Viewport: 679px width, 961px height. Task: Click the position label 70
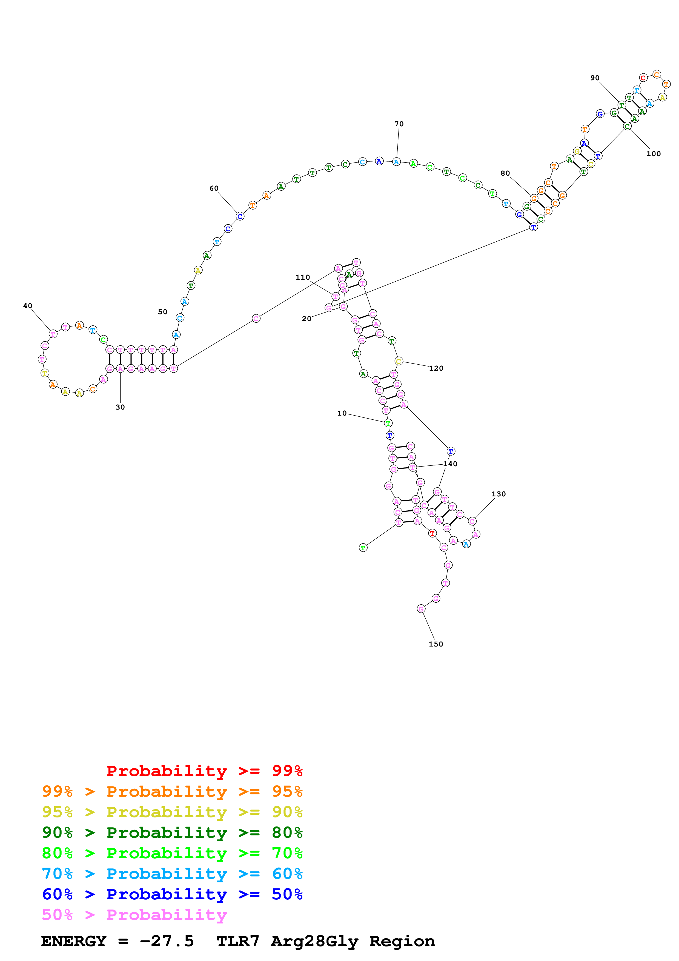click(399, 124)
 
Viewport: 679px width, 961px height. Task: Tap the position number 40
click(28, 306)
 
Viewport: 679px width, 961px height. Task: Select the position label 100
click(654, 154)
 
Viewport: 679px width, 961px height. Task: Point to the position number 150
click(436, 644)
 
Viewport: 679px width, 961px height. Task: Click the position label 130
click(498, 494)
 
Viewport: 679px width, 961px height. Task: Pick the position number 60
click(214, 188)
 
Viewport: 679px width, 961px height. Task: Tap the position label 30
click(120, 407)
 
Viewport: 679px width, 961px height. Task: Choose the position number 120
click(436, 368)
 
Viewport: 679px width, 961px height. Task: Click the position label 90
click(595, 78)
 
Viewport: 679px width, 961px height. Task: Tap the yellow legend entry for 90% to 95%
click(172, 812)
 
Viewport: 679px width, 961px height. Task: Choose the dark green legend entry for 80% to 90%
click(172, 833)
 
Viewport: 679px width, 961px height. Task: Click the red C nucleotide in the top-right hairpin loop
click(643, 78)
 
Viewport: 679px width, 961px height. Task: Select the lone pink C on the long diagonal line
click(256, 319)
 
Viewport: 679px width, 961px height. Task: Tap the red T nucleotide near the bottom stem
click(432, 533)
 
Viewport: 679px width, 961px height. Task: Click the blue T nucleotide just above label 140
click(451, 451)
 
